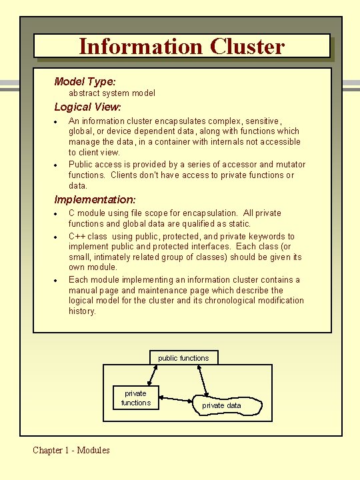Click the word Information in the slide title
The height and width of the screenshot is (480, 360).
coord(141,47)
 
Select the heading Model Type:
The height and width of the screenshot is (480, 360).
coord(85,81)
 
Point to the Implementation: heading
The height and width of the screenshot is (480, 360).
coord(95,199)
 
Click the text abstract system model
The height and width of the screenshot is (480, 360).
coord(112,93)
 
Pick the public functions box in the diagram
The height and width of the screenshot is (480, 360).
coord(183,358)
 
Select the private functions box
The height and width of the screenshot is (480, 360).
coord(136,398)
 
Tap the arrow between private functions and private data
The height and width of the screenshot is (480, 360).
coord(177,400)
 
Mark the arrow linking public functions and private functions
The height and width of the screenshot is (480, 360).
coord(156,375)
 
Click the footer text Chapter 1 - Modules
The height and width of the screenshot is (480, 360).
coord(71,450)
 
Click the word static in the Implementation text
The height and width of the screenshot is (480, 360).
coord(238,224)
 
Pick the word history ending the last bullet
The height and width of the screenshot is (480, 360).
coord(81,311)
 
